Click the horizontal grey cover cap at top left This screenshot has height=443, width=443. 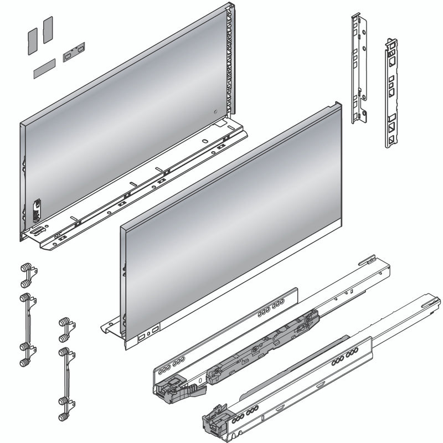(x=44, y=67)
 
